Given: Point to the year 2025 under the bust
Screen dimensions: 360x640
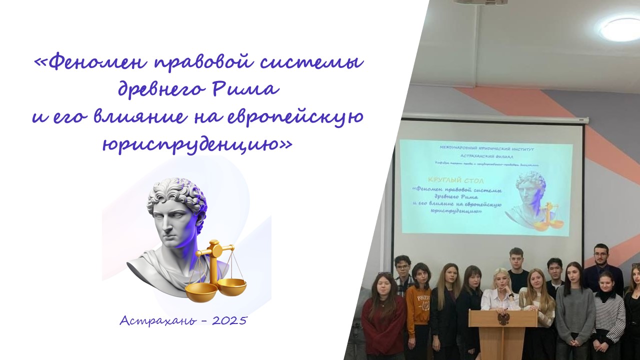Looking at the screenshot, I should [x=229, y=320].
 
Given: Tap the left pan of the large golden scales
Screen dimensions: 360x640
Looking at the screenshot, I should [x=201, y=291].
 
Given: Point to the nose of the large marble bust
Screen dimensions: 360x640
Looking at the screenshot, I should [x=159, y=223].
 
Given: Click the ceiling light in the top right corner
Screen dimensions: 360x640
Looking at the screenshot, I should [x=620, y=29].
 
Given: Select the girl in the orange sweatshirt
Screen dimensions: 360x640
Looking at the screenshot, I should [x=418, y=305].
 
